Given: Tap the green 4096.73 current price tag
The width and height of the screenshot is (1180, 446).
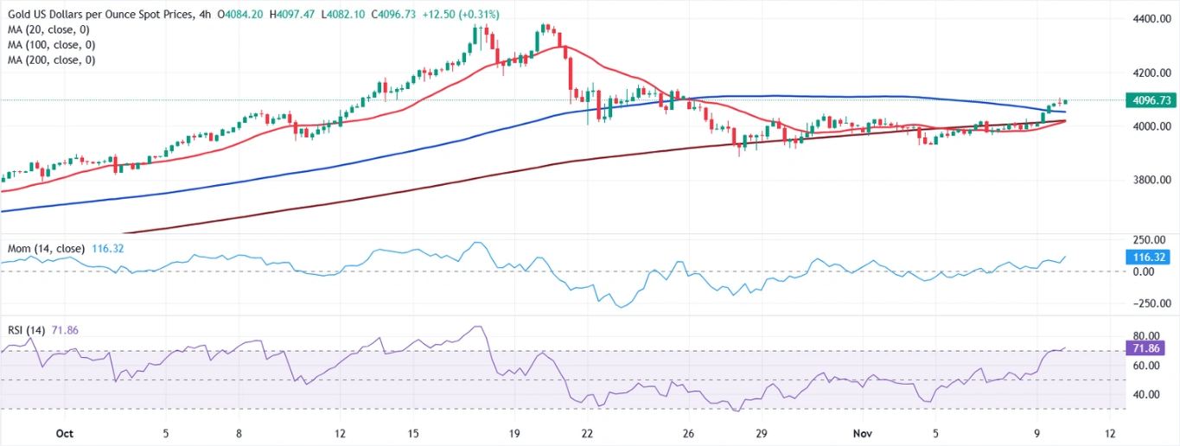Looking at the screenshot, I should click(x=1150, y=100).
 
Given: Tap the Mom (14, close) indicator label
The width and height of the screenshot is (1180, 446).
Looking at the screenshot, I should click(x=45, y=249).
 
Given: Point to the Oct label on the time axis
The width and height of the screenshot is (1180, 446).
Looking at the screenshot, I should click(x=63, y=432).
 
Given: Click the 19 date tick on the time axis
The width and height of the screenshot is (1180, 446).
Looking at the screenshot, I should click(x=514, y=432).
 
